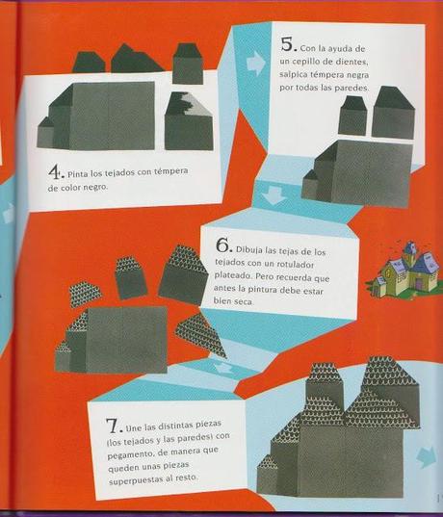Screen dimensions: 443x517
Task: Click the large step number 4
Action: pyautogui.click(x=55, y=171)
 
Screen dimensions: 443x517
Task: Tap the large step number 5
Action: pyautogui.click(x=287, y=44)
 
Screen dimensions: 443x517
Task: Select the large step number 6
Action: pyautogui.click(x=223, y=245)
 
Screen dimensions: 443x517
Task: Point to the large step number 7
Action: pyautogui.click(x=113, y=426)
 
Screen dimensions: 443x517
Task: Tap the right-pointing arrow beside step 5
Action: pyautogui.click(x=255, y=63)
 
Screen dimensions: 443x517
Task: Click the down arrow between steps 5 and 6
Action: pyautogui.click(x=274, y=194)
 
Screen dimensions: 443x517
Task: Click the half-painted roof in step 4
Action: pyautogui.click(x=189, y=104)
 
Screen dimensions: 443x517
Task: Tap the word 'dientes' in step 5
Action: pyautogui.click(x=352, y=62)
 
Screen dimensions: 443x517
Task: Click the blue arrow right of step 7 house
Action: pyautogui.click(x=427, y=456)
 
